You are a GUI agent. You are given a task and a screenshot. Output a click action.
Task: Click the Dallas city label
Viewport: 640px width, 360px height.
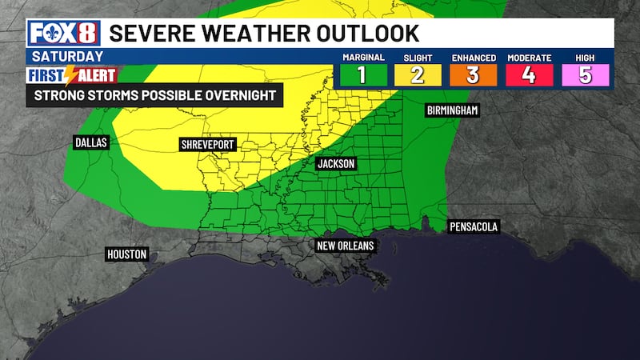(90, 142)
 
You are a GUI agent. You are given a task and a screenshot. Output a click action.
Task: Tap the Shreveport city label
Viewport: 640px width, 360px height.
(208, 146)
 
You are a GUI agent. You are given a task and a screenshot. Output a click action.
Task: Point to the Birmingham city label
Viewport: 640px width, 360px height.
(452, 110)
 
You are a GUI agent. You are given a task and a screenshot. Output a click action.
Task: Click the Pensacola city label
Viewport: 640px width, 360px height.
(473, 227)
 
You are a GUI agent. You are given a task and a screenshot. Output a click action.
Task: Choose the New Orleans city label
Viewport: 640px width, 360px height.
(344, 246)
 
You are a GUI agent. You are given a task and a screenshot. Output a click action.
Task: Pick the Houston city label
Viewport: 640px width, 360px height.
(127, 254)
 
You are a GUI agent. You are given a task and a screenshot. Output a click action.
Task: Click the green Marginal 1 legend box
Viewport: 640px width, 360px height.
(362, 74)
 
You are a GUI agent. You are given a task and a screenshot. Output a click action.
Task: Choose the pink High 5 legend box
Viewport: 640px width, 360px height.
(585, 74)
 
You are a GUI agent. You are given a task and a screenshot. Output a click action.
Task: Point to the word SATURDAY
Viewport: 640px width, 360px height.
(68, 56)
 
